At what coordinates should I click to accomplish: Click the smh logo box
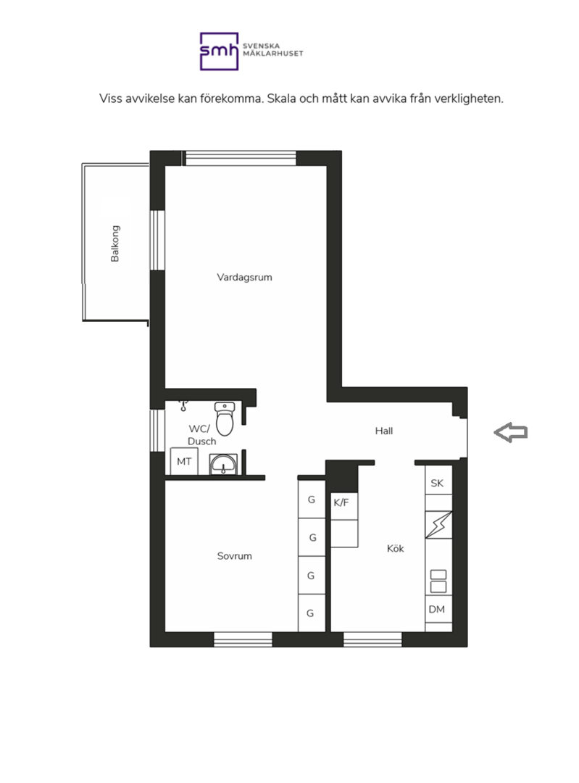(219, 51)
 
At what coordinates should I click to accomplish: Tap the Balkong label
(114, 244)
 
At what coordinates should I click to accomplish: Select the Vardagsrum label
(245, 277)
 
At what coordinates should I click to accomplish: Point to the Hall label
(384, 431)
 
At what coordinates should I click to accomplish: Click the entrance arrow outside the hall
(511, 432)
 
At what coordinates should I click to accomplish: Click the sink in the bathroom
(223, 464)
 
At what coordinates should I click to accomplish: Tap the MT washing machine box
(184, 461)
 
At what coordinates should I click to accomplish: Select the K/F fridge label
(341, 502)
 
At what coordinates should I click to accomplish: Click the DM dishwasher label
(437, 609)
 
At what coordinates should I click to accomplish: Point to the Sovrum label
(235, 556)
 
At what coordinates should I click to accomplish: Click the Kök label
(396, 548)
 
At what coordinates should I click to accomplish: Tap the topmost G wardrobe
(312, 499)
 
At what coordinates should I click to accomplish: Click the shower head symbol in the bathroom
(183, 405)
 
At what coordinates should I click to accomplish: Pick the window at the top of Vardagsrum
(241, 158)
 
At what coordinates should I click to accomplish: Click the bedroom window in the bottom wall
(243, 639)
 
